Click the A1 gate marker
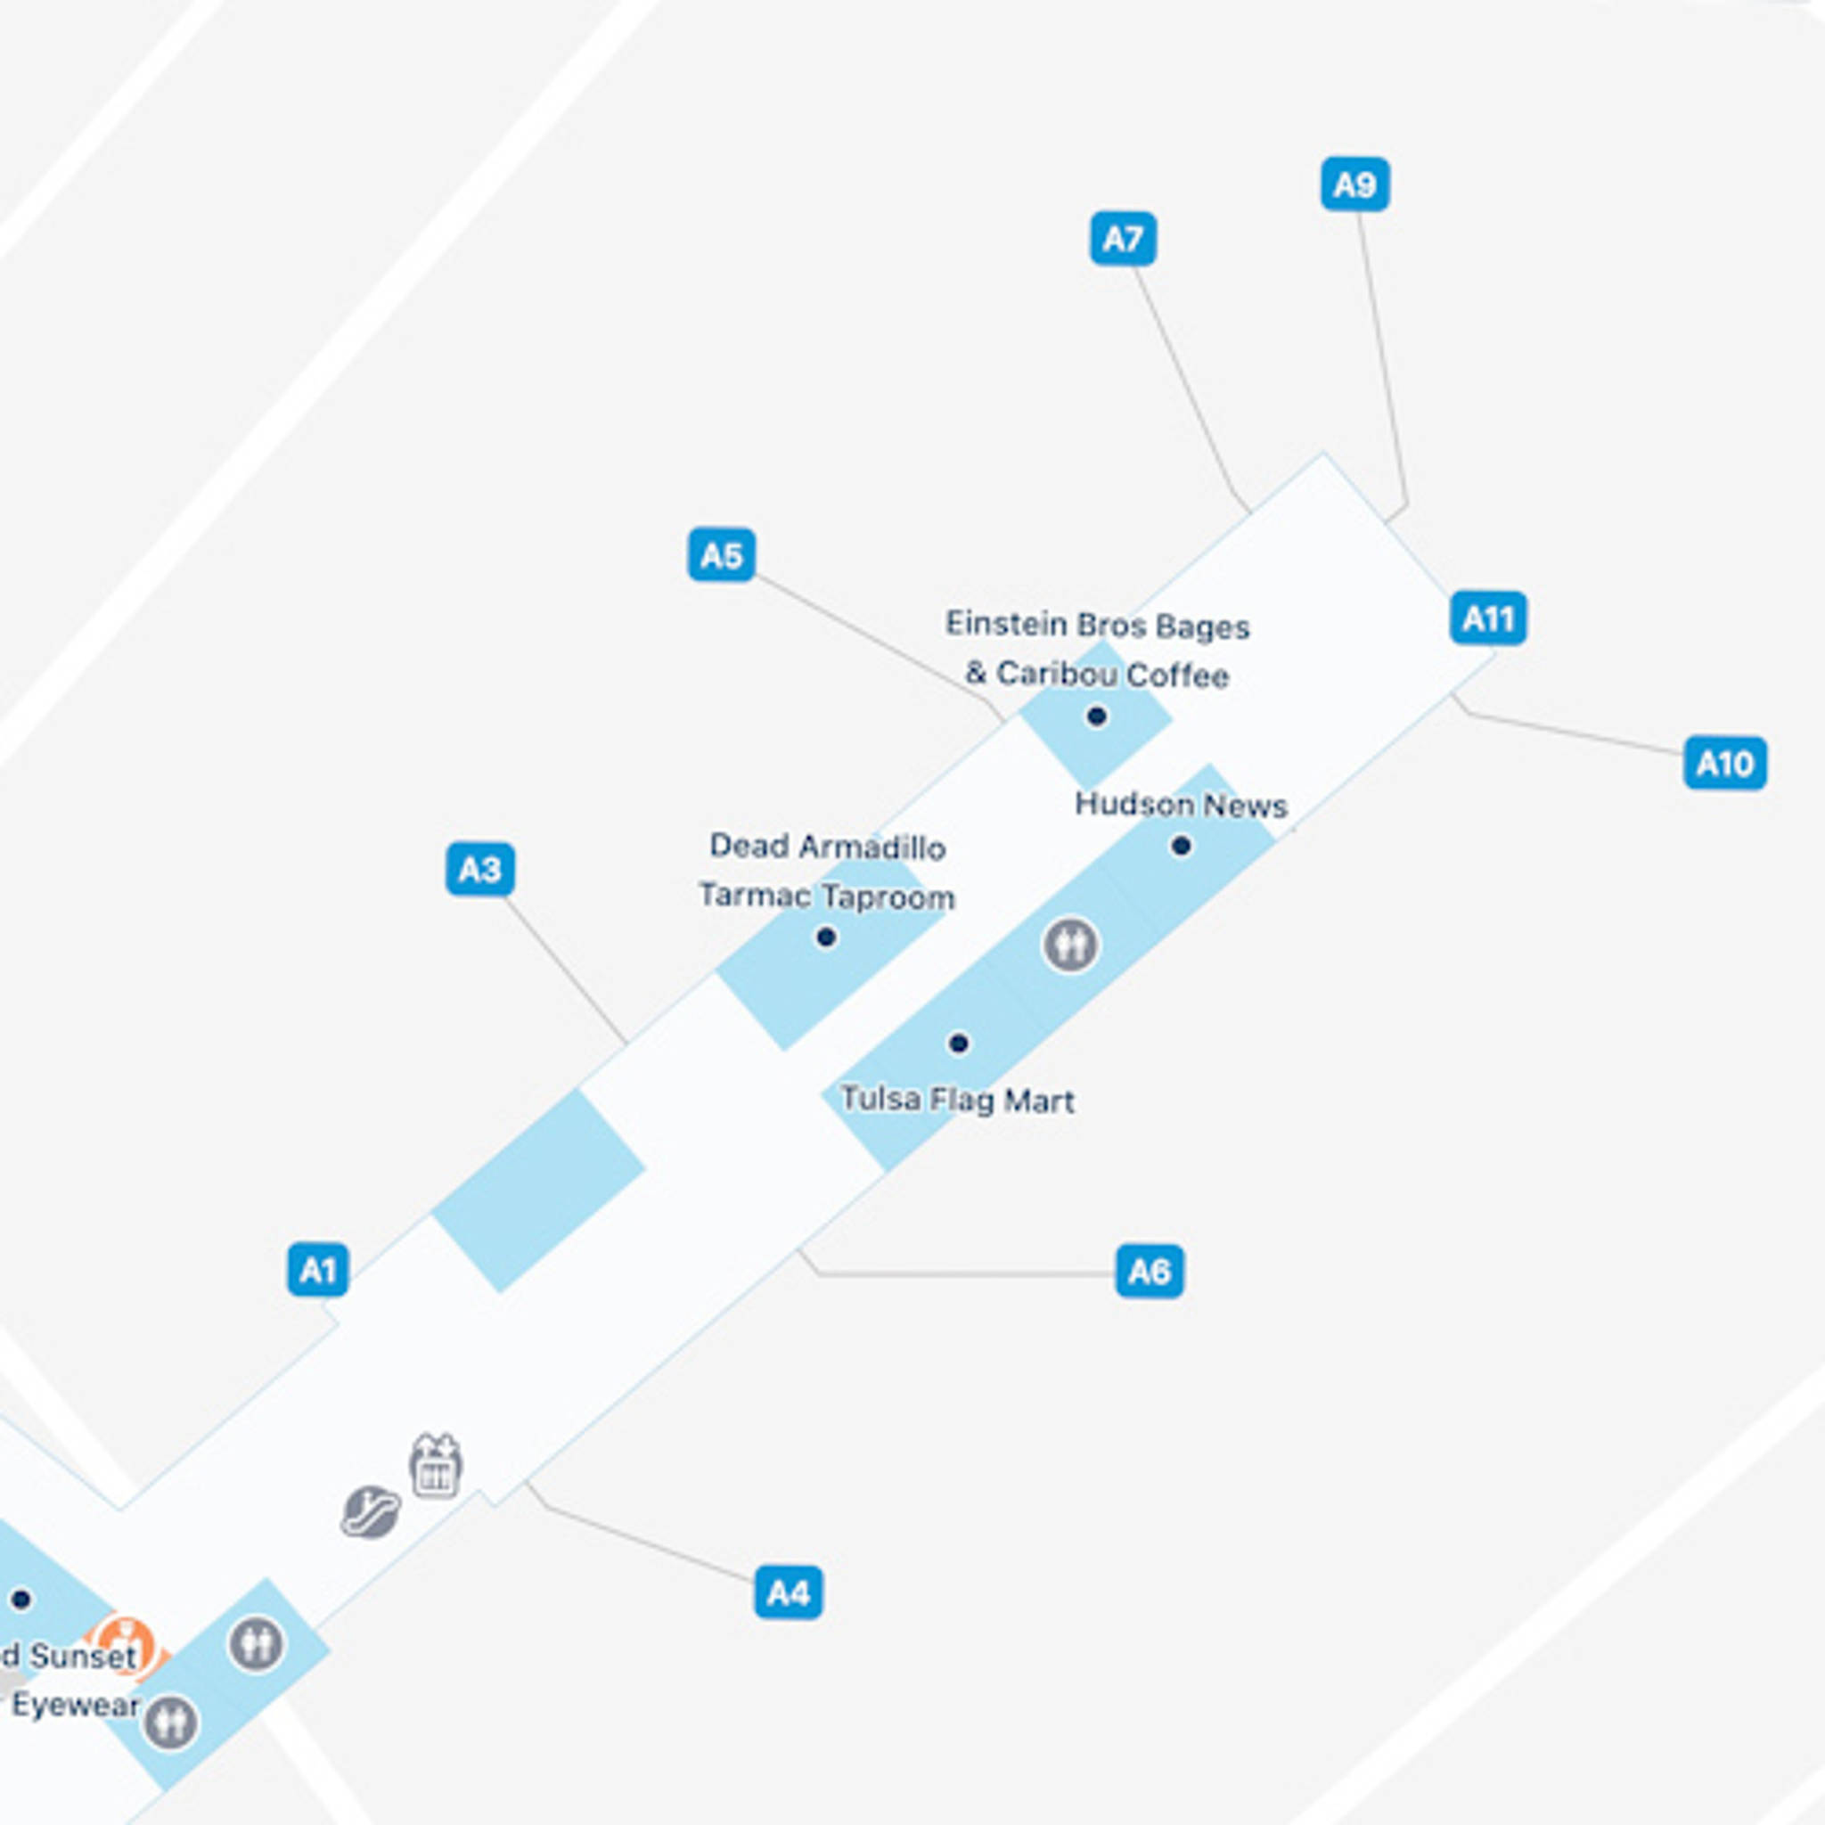(317, 1271)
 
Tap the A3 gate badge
(480, 869)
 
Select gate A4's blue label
(788, 1592)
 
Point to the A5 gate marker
(722, 554)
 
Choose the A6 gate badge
(1149, 1272)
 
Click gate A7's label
(1123, 239)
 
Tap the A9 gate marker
(1354, 184)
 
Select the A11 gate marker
(1488, 618)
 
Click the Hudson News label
(1181, 806)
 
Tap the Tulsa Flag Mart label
(957, 1101)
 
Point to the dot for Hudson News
(1181, 846)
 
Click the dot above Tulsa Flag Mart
(958, 1043)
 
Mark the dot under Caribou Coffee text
(1096, 716)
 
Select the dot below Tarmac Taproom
(825, 937)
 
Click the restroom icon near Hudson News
(1070, 944)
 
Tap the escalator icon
(371, 1511)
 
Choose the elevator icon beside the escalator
(436, 1466)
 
